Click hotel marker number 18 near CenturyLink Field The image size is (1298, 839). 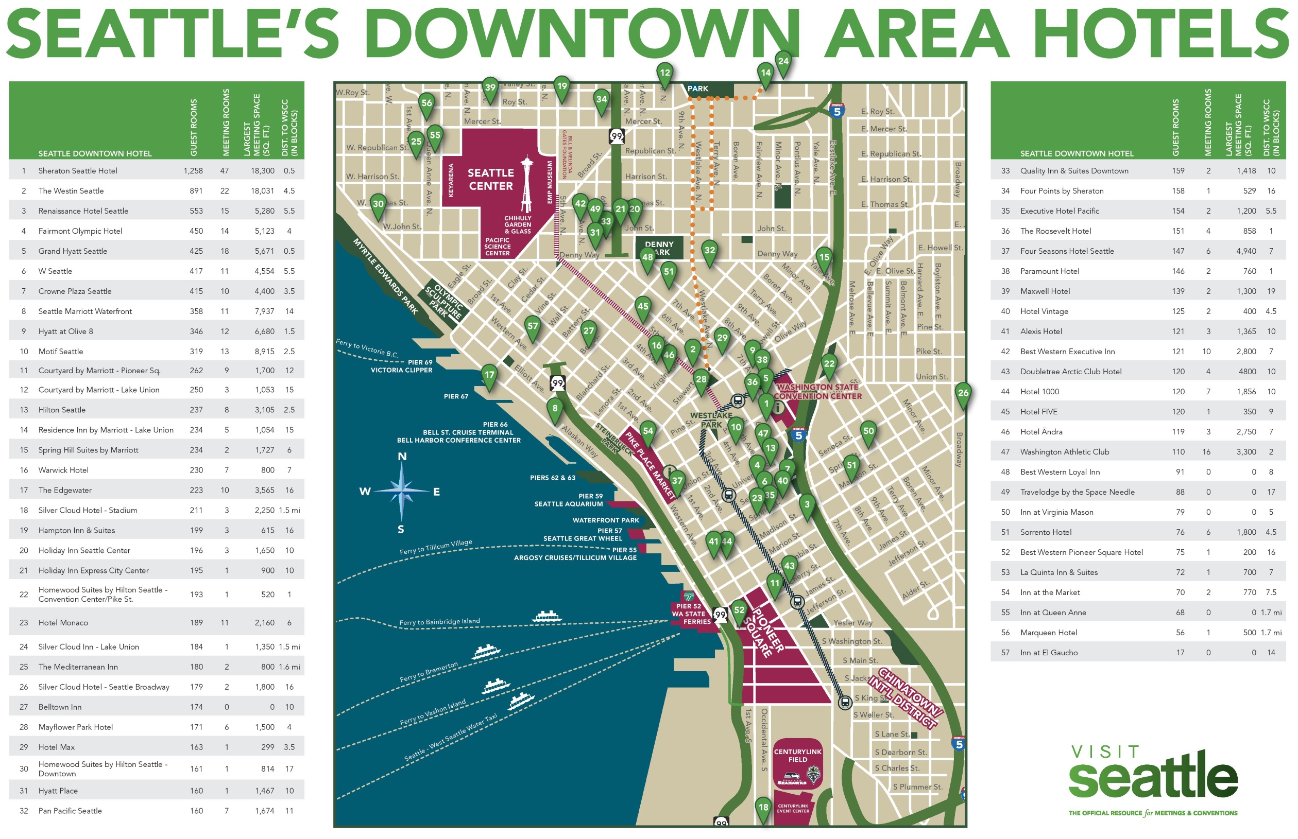(763, 808)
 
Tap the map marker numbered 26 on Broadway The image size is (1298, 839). (963, 393)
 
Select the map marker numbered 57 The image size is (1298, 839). (532, 326)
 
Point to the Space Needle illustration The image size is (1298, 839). (526, 185)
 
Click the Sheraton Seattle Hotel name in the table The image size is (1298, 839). (77, 170)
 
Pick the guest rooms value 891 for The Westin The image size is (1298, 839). (196, 190)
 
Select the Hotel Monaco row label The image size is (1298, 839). (63, 623)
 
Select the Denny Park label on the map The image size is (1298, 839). (659, 248)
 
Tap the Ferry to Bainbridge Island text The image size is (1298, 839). (439, 622)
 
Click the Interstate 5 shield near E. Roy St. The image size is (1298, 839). (836, 111)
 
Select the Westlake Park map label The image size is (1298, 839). (711, 420)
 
